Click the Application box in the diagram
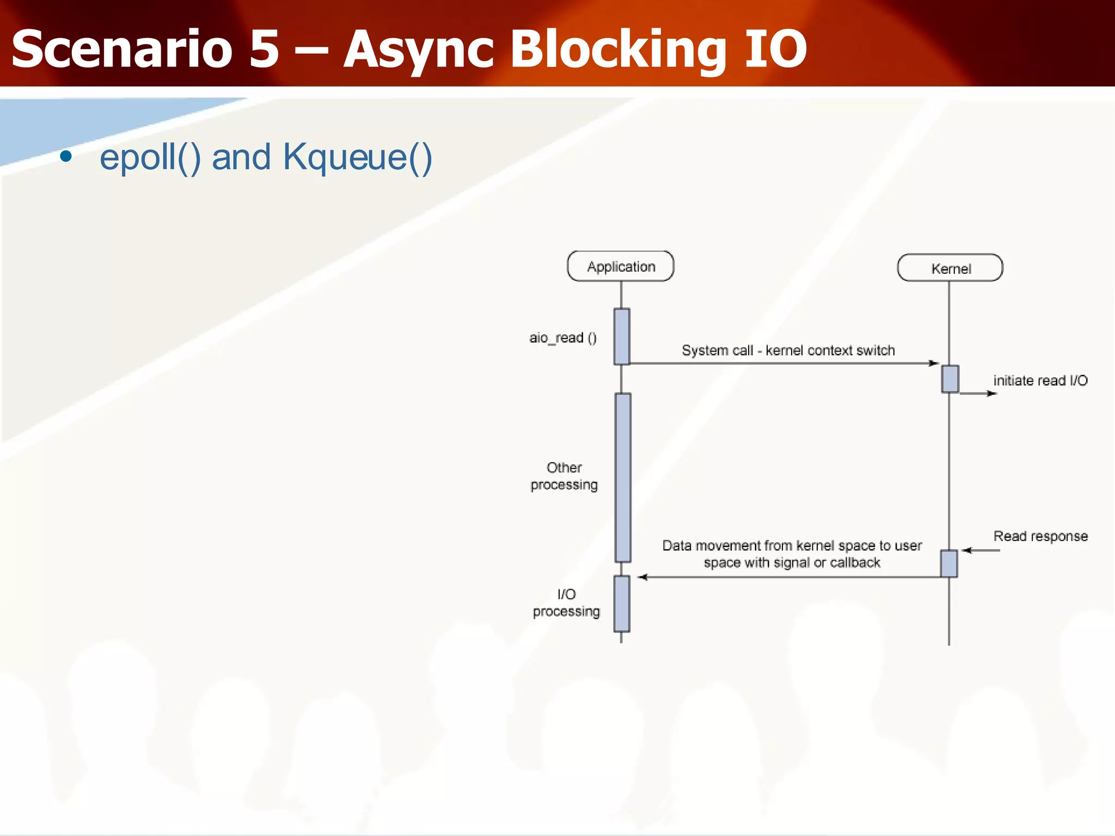[621, 266]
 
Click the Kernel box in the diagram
[950, 268]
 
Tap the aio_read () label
[563, 338]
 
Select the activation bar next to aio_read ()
[622, 336]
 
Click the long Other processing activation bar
[623, 477]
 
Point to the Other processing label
[564, 476]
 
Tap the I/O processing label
[566, 603]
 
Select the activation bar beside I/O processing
[622, 603]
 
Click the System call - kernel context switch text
[788, 351]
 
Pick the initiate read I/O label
[1040, 380]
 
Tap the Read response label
[1040, 536]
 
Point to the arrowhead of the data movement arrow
[643, 577]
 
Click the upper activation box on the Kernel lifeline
[950, 379]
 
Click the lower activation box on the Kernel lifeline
[949, 563]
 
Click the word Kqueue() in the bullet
[357, 157]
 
